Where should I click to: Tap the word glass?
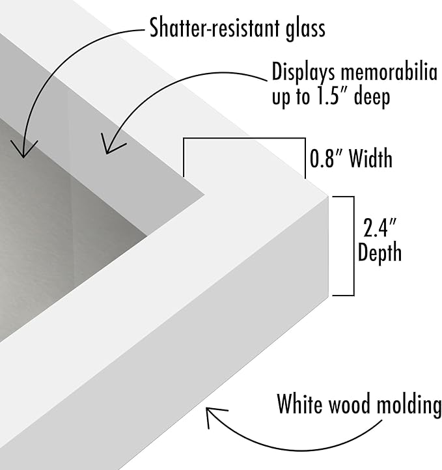pos(305,29)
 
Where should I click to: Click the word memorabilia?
pos(389,72)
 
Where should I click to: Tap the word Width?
pos(370,158)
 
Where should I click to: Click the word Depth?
pos(380,252)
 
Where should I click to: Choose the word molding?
pos(409,405)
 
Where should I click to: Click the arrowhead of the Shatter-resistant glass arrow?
pos(23,149)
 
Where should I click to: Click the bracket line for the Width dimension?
pos(244,138)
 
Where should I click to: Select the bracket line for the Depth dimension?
pos(354,246)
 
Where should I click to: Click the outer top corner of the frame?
pos(329,197)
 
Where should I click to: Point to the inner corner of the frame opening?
pos(205,195)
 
